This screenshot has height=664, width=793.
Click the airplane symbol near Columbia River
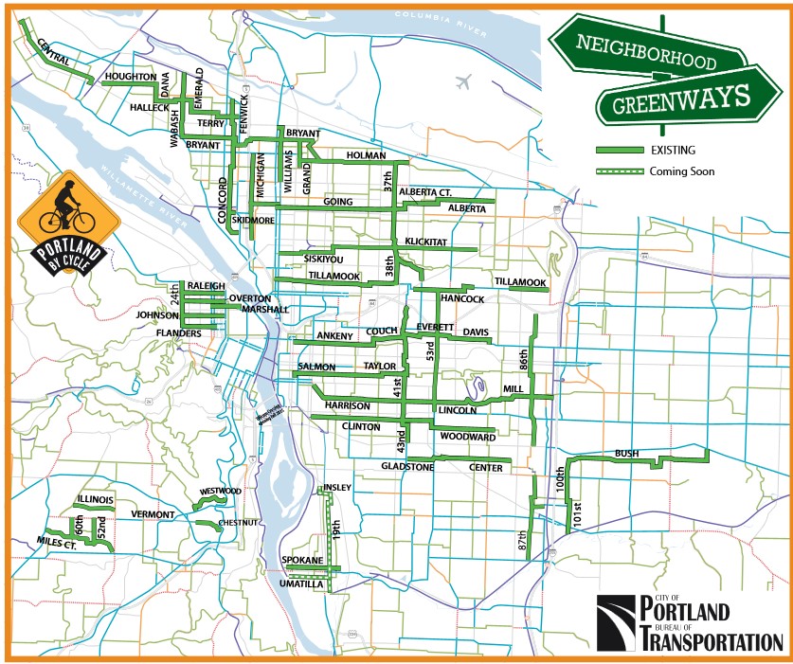tap(461, 81)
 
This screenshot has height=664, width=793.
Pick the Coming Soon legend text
tap(681, 171)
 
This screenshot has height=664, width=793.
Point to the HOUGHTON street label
tap(131, 76)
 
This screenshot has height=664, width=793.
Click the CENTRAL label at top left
tap(53, 58)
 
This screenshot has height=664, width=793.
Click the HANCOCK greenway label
tap(462, 299)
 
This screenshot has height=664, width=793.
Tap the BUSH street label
tap(627, 453)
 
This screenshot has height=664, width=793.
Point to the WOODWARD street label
tap(468, 438)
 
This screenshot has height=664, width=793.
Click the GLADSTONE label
tap(406, 467)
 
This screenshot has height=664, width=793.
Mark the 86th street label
tap(522, 360)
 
